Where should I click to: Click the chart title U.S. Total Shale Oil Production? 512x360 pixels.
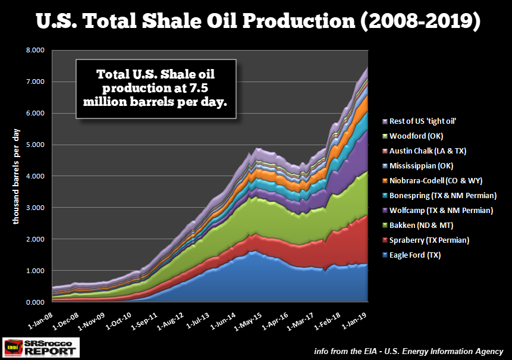coord(256,22)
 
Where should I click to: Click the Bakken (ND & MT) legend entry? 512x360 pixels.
coord(426,226)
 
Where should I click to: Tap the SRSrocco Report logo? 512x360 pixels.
coord(41,348)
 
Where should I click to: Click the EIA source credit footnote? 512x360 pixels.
coord(409,351)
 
